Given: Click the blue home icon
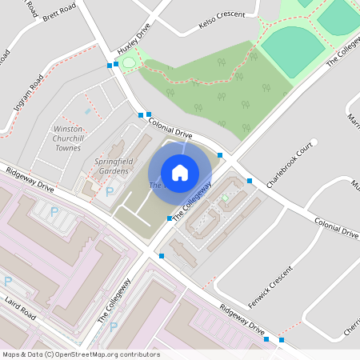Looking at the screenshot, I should [x=180, y=172].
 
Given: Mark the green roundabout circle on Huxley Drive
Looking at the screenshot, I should [x=129, y=62].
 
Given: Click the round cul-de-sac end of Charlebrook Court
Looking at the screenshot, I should [x=314, y=142].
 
